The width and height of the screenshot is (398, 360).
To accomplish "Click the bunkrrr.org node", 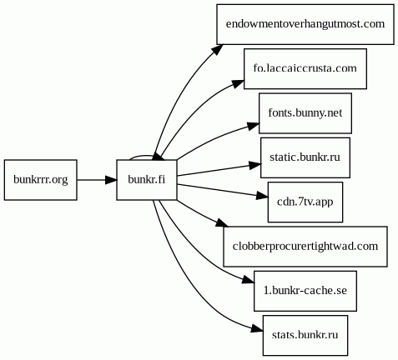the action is tap(41, 180).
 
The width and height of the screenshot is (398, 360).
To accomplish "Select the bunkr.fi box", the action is tap(147, 180).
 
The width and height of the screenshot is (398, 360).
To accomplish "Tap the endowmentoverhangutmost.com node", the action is tap(305, 24).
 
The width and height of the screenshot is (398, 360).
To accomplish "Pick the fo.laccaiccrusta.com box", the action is tap(305, 68).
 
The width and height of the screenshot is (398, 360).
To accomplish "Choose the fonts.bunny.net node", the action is tap(305, 113).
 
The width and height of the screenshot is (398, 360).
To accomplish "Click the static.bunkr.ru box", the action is tap(305, 157).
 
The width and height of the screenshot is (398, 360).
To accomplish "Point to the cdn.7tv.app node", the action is tap(305, 202).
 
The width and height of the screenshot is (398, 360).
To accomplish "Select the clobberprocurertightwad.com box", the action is tap(305, 247).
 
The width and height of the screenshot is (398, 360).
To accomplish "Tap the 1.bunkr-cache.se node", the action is tap(305, 291).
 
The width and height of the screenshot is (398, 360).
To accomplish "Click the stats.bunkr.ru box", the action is tap(305, 335).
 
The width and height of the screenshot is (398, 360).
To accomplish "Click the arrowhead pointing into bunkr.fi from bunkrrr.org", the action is tap(111, 180).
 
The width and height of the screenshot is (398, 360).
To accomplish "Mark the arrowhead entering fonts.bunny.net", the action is tap(254, 127).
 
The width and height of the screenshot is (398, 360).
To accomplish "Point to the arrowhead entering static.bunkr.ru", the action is tap(255, 165).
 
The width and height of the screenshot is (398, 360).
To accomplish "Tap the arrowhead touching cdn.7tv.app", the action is tap(262, 196).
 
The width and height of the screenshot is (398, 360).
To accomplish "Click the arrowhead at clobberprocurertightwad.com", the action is tap(222, 222).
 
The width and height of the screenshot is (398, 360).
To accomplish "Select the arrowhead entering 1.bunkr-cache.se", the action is tap(249, 280).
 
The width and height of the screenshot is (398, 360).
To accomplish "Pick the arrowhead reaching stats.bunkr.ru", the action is tap(257, 328).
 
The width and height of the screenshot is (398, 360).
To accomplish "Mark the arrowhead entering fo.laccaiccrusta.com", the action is tap(239, 83).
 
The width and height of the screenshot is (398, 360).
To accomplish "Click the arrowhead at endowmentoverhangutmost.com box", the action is tap(217, 49).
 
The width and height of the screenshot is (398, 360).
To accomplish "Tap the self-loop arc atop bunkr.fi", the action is tap(142, 156).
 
